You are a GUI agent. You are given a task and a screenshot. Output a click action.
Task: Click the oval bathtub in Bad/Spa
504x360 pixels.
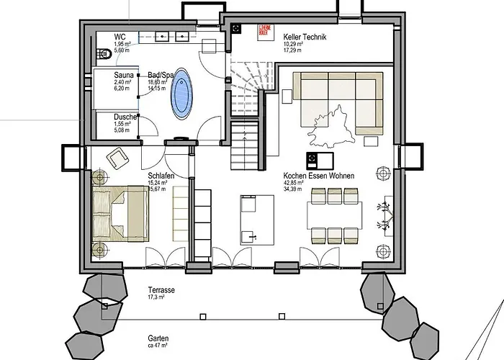click(183, 94)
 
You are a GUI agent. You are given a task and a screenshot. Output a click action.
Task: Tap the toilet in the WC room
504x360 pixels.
click(99, 53)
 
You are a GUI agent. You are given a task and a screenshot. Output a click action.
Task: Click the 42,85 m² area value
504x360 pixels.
click(294, 182)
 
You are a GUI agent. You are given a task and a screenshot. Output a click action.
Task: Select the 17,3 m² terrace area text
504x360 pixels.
click(147, 297)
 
